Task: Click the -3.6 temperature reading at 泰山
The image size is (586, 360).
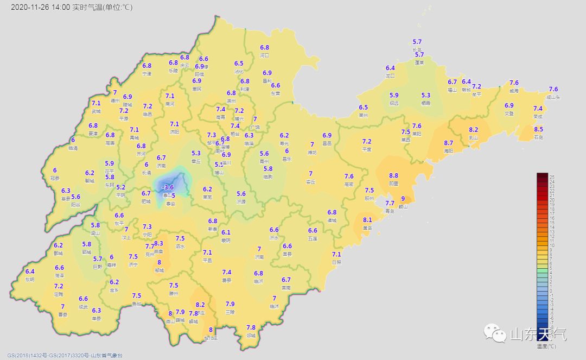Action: (x=168, y=187)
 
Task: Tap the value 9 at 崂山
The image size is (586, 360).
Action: (x=403, y=199)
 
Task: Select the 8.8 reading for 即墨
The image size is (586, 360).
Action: (x=393, y=175)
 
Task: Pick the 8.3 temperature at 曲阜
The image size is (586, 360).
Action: (x=158, y=243)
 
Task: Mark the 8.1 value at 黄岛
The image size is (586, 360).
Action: (x=367, y=220)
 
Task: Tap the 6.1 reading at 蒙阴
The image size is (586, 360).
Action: (x=226, y=232)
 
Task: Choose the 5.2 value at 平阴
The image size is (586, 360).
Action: (x=120, y=187)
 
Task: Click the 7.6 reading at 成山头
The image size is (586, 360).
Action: (x=553, y=89)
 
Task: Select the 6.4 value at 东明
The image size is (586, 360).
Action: (x=30, y=271)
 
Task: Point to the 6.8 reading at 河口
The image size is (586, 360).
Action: (x=264, y=48)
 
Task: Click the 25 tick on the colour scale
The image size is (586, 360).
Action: (x=552, y=177)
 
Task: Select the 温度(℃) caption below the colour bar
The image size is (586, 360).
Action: (x=546, y=346)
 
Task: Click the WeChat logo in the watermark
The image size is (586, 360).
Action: (x=494, y=332)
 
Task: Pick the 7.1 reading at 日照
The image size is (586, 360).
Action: (x=336, y=254)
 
